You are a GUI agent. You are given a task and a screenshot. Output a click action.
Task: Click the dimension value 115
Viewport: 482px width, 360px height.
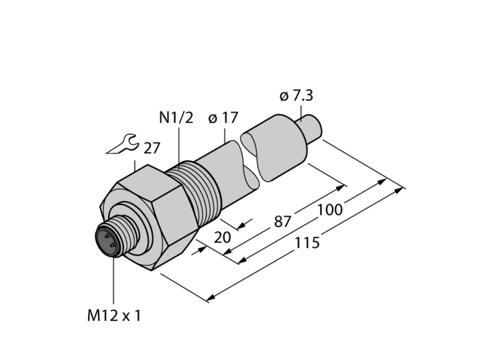pos(306,244)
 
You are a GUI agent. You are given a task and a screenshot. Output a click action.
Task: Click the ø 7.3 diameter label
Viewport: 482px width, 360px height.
pos(301,96)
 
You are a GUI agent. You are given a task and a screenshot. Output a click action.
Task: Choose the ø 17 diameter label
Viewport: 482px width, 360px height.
pos(222,118)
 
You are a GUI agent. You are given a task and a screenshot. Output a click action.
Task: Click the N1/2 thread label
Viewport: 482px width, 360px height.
pos(176,118)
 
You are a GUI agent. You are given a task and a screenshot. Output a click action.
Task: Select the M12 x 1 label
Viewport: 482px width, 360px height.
pos(114,316)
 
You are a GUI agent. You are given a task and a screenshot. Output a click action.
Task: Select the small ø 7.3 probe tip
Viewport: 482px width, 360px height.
pos(311,129)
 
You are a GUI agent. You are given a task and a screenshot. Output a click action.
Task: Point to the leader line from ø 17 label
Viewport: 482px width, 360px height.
pos(224,134)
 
